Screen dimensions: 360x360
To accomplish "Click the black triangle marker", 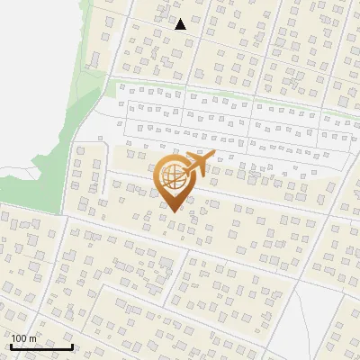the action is click(x=180, y=25).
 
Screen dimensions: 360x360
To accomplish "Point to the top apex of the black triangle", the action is click(x=180, y=19).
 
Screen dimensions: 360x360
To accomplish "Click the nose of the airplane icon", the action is click(x=213, y=155).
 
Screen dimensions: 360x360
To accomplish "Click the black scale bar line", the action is click(x=41, y=346).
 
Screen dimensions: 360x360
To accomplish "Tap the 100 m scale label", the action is click(x=23, y=338).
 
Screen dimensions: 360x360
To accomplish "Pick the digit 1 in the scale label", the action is click(x=13, y=338).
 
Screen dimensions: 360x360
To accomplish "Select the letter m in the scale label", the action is click(x=32, y=338).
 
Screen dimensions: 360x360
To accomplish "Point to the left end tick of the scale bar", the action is click(x=11, y=345).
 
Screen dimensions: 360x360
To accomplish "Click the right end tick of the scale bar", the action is click(x=72, y=345).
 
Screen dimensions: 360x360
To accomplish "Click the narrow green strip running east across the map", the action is click(x=225, y=91).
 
